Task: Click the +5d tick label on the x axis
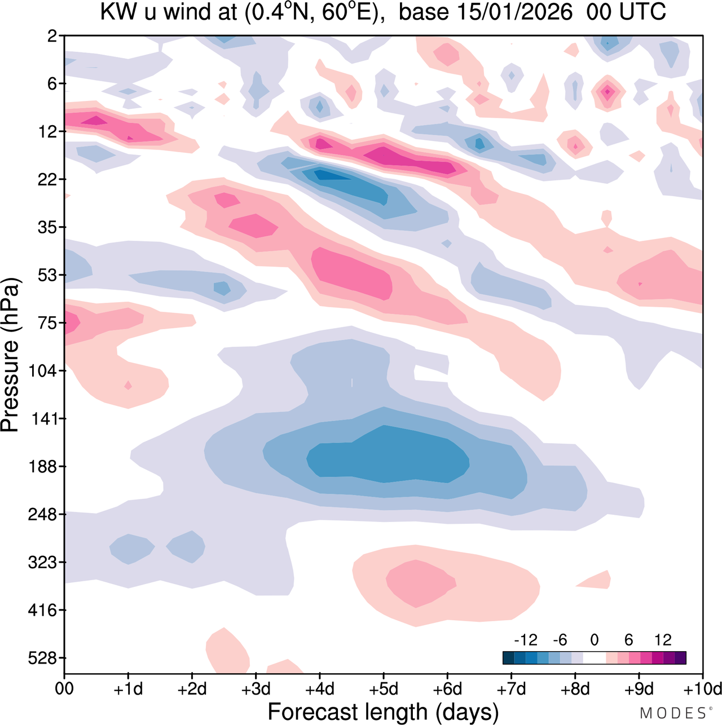384,689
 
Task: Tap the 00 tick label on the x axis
64,689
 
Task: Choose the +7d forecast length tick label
511,689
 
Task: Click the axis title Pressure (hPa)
10,355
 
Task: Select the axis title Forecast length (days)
383,712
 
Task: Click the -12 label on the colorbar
525,640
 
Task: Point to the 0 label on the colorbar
594,640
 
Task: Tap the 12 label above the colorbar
663,640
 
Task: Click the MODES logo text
672,713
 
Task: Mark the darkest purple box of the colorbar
680,658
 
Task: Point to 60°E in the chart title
349,12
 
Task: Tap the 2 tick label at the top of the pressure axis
53,36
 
